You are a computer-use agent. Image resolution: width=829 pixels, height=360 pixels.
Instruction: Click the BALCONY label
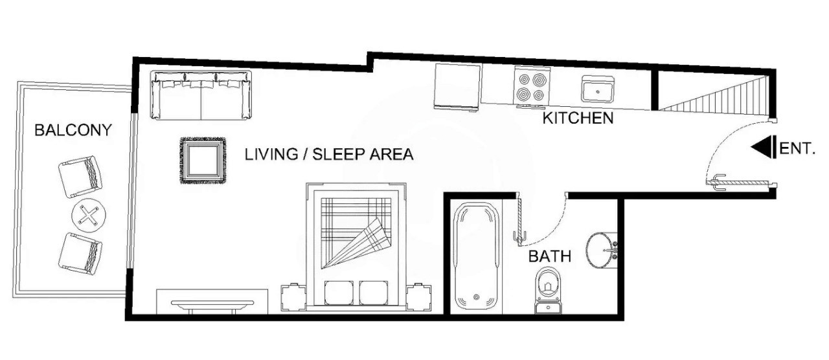73,130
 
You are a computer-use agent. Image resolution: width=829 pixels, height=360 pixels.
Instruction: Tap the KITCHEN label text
578,118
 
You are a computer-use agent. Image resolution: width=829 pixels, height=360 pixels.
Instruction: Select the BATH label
550,256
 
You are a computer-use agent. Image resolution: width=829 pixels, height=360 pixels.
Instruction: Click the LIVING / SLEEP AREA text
329,155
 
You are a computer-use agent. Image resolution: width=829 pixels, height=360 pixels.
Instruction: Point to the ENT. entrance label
797,148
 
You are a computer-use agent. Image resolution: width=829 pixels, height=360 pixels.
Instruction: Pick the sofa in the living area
201,96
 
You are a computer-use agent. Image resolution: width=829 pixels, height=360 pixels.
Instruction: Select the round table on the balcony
88,215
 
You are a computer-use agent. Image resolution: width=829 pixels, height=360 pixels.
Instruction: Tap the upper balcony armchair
80,177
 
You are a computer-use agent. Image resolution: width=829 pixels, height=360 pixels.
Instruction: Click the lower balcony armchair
80,253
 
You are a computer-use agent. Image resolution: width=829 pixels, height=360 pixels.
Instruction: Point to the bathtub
475,256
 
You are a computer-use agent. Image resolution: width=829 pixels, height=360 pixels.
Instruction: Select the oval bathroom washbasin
602,249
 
